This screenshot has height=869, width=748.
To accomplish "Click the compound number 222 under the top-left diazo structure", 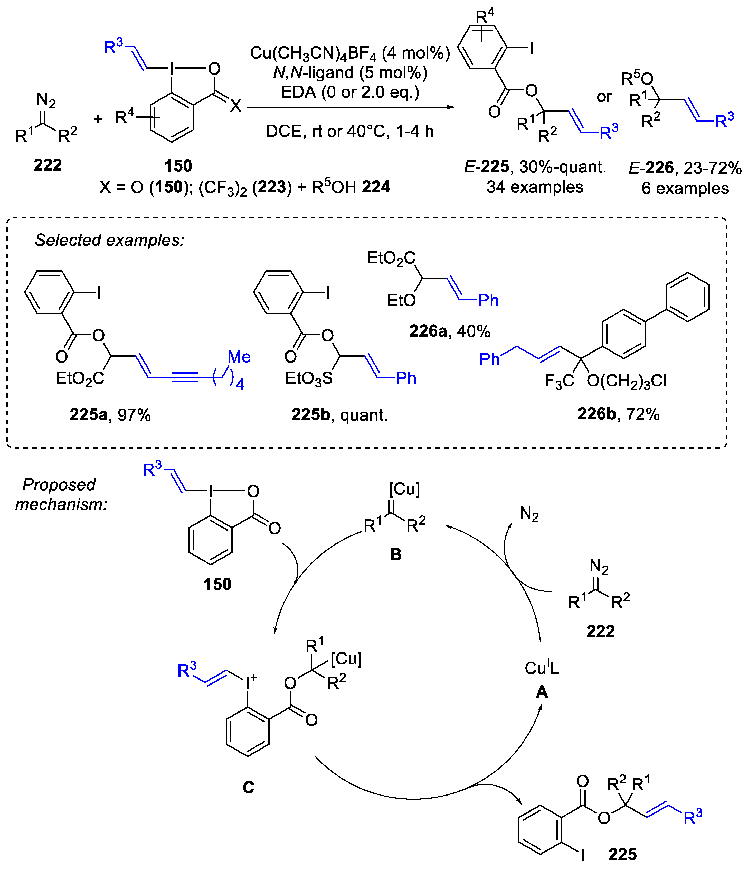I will click(x=48, y=165).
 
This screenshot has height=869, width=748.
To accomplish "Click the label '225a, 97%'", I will click(x=110, y=415).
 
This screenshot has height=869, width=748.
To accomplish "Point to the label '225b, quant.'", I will click(x=339, y=415).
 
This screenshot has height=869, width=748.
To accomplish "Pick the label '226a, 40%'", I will click(x=450, y=331).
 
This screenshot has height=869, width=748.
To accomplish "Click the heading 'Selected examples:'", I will click(x=109, y=240).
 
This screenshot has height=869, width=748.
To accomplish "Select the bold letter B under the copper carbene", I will click(x=396, y=554).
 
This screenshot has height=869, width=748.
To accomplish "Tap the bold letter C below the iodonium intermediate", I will click(x=249, y=787).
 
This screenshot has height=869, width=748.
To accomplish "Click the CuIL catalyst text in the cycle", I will click(x=542, y=668).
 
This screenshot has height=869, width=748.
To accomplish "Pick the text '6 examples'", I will click(x=685, y=188).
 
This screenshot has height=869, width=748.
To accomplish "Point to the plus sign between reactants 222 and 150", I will click(x=98, y=119).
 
